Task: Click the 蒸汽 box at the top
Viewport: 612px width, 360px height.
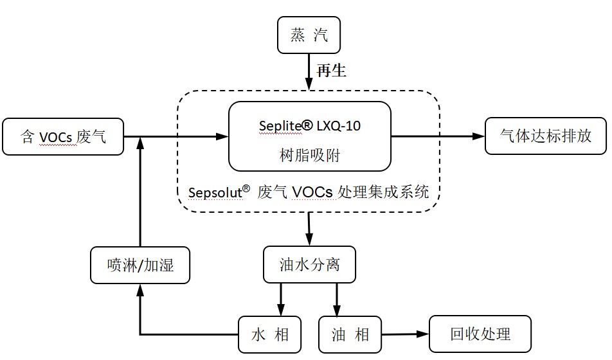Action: tap(308, 35)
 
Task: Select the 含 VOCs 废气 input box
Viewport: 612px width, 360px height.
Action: tap(62, 136)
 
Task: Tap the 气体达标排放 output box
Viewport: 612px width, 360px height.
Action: tap(545, 136)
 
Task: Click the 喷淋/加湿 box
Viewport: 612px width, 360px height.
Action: tap(140, 265)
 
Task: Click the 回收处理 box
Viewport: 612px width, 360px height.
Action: tap(480, 334)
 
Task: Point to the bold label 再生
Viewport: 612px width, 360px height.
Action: tap(332, 71)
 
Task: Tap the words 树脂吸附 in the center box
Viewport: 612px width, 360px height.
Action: tap(310, 155)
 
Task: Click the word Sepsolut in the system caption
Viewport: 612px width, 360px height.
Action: tap(215, 192)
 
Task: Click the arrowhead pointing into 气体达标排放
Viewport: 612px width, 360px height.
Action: tap(479, 136)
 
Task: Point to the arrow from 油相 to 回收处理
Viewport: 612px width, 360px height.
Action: tap(405, 334)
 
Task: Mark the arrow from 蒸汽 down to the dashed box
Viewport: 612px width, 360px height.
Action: tap(309, 71)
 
